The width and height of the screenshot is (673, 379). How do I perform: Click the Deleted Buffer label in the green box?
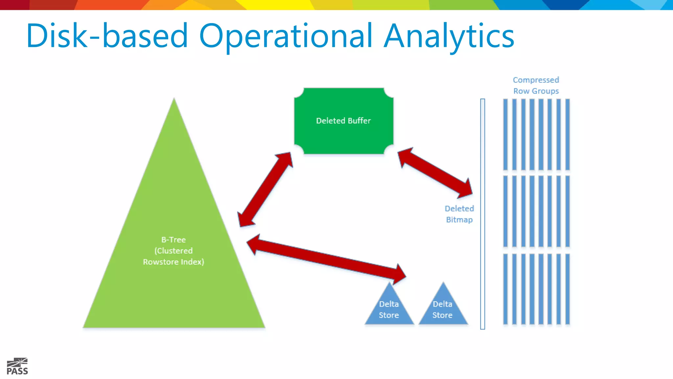click(343, 121)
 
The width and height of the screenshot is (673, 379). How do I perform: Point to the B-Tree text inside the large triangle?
click(174, 240)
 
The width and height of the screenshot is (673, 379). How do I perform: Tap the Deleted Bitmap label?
click(459, 214)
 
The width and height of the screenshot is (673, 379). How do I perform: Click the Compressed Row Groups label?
click(536, 85)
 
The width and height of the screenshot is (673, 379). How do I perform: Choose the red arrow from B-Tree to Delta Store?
click(325, 259)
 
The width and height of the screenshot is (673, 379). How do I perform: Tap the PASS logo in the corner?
click(17, 366)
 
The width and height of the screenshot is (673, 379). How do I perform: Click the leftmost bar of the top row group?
click(505, 134)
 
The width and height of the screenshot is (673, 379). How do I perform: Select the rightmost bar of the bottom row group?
click(568, 289)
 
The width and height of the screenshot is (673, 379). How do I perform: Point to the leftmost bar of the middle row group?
click(505, 211)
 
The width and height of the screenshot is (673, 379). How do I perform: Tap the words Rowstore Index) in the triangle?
click(174, 262)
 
